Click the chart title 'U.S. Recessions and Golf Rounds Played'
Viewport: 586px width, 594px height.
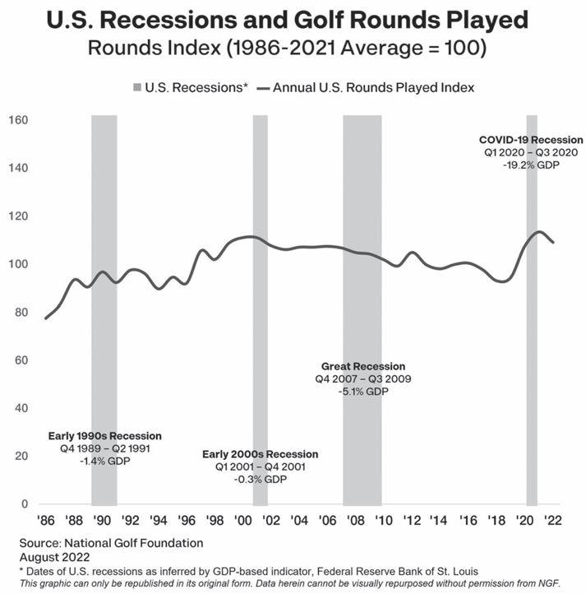pyautogui.click(x=292, y=19)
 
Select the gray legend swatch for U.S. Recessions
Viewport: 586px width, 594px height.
pyautogui.click(x=137, y=86)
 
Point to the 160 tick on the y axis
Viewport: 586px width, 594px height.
pyautogui.click(x=19, y=121)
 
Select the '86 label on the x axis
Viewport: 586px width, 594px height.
pyautogui.click(x=46, y=521)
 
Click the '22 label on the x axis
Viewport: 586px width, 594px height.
pyautogui.click(x=552, y=521)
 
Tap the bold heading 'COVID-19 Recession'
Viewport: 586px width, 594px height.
pyautogui.click(x=531, y=140)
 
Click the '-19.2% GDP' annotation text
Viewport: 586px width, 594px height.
pyautogui.click(x=531, y=165)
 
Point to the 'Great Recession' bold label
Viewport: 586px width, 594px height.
pyautogui.click(x=363, y=366)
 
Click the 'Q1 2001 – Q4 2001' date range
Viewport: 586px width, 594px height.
pyautogui.click(x=260, y=466)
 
